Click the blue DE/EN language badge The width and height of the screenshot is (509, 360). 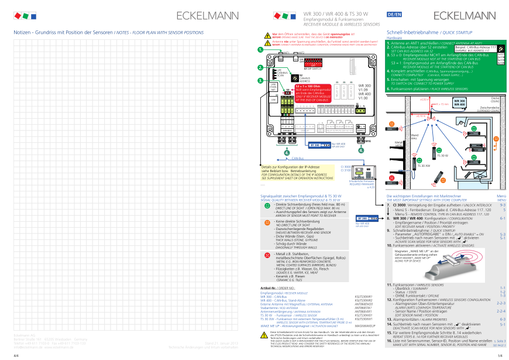393,13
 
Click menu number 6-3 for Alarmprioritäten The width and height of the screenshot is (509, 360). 503,319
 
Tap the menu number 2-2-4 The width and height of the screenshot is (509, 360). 501,311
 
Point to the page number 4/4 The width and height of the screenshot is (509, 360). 16,355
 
